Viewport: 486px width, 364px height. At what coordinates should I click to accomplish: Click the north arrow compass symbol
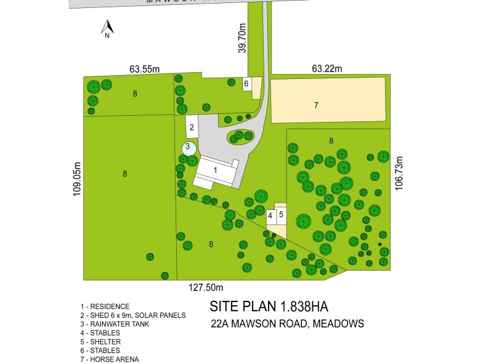pyautogui.click(x=107, y=28)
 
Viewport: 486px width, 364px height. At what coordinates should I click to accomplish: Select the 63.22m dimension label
pyautogui.click(x=327, y=69)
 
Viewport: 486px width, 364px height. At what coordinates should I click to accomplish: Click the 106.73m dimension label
pyautogui.click(x=399, y=173)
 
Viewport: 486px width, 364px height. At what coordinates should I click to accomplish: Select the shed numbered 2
pyautogui.click(x=192, y=127)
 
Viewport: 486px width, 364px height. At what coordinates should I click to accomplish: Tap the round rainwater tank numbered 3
pyautogui.click(x=188, y=147)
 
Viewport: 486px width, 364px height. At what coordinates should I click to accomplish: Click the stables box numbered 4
pyautogui.click(x=270, y=215)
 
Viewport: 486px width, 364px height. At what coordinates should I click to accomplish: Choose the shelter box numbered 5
pyautogui.click(x=281, y=214)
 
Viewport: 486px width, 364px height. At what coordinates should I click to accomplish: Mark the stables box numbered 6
pyautogui.click(x=247, y=84)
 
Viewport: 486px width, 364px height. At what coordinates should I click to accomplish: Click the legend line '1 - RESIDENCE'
pyautogui.click(x=104, y=306)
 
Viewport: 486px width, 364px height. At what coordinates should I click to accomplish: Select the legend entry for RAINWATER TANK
pyautogui.click(x=114, y=324)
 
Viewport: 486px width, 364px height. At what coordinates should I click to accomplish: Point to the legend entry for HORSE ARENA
pyautogui.click(x=109, y=359)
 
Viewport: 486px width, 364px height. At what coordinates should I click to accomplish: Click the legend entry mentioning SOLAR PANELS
pyautogui.click(x=132, y=315)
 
